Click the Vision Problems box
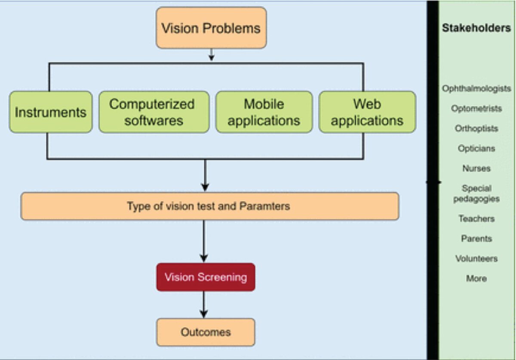211,28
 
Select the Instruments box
51,112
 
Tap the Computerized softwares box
154,112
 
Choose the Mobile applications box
264,112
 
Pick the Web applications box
367,112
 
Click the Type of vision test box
210,206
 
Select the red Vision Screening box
206,277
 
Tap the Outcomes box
206,332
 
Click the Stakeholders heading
476,28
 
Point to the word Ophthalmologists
476,89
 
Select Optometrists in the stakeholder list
476,108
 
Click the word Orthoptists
476,128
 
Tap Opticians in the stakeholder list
476,148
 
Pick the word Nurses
476,168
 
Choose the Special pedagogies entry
476,194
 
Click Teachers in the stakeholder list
476,218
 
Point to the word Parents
476,238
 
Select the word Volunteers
476,258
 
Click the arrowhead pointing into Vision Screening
204,258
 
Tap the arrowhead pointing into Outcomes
204,314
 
